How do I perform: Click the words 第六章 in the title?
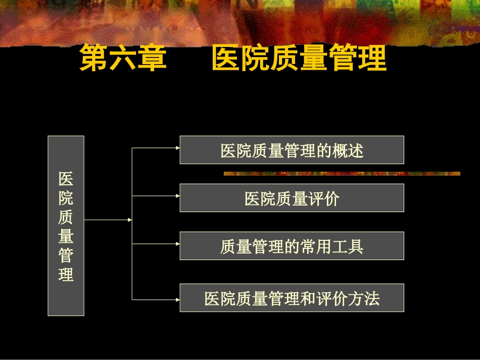click(123, 59)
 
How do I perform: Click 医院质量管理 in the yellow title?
click(299, 59)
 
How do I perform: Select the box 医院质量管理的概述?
click(292, 150)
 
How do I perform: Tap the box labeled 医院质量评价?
click(292, 198)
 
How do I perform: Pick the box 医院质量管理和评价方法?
click(292, 298)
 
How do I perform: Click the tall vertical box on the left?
click(66, 226)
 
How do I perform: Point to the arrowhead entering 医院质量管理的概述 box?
click(177, 148)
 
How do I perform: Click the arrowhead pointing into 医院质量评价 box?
click(177, 196)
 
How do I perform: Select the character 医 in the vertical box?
click(66, 179)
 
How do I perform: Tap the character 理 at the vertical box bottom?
click(66, 275)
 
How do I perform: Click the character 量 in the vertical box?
click(66, 236)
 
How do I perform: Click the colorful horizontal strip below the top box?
click(342, 174)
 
